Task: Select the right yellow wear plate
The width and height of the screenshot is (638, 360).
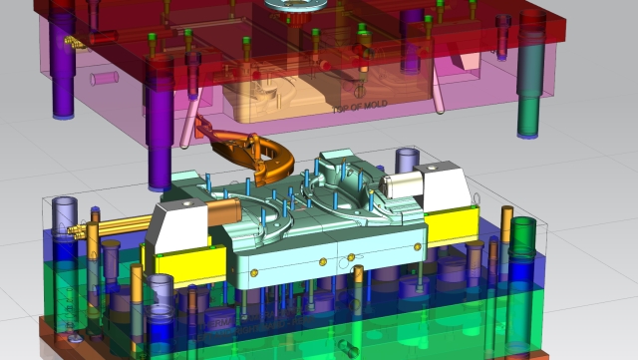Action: (x=454, y=230)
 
